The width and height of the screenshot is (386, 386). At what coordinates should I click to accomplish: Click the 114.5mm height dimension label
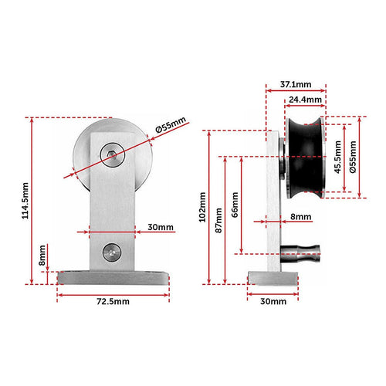[25, 201]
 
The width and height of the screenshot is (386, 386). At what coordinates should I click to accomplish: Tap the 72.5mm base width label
[113, 302]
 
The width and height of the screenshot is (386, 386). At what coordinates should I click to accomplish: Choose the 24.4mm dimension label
[306, 99]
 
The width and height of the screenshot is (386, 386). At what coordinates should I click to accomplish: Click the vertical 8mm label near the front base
[42, 253]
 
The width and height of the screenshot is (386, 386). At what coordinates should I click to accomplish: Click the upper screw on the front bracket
[113, 155]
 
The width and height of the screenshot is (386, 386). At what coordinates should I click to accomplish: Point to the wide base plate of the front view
[113, 278]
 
